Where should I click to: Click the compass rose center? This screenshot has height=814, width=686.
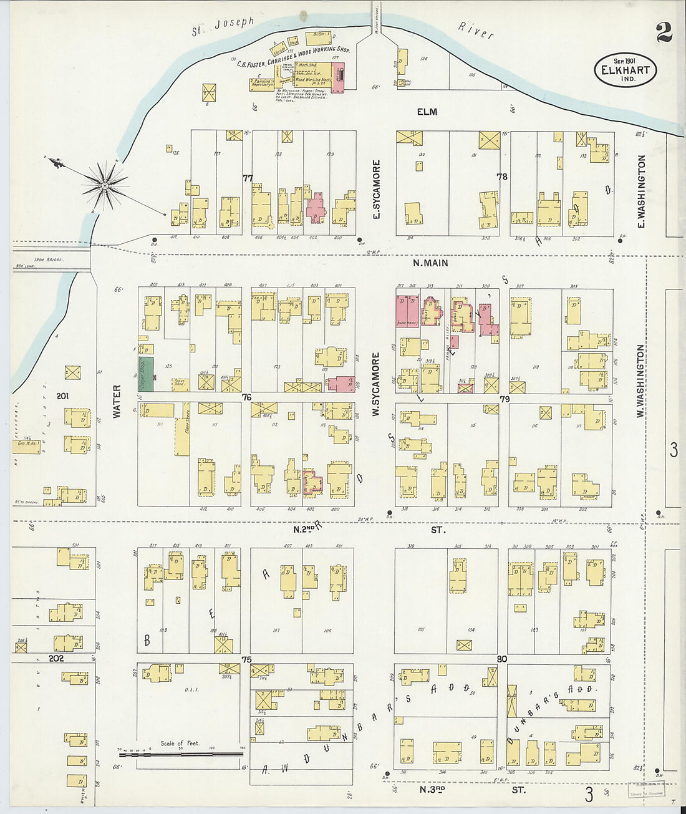[105, 185]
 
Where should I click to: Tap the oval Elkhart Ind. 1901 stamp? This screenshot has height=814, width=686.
[625, 69]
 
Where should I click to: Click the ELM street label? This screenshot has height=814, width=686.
[427, 112]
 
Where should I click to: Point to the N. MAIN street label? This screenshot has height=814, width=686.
[431, 263]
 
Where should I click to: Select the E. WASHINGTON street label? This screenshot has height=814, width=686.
[641, 191]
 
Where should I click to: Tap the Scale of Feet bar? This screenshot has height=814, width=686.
[181, 754]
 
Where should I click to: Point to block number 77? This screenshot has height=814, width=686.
[248, 178]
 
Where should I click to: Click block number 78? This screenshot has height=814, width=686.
[501, 177]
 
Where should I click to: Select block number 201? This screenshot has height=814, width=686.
[62, 396]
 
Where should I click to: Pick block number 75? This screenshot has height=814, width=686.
[246, 660]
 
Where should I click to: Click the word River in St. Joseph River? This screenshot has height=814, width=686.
[476, 31]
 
